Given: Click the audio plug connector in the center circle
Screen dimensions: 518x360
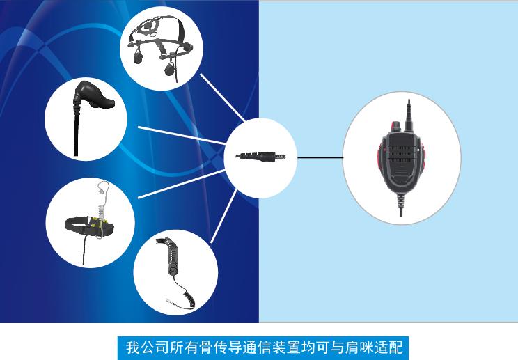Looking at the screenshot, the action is tap(260, 156).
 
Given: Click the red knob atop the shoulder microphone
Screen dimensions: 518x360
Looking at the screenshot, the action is tap(395, 126).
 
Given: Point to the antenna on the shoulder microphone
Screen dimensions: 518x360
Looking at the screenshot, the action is tap(409, 116).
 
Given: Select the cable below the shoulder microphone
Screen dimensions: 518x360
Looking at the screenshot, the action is tap(401, 205).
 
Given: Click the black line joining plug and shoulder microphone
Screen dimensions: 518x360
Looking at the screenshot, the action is tap(320, 157).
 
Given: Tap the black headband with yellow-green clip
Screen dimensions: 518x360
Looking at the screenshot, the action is tap(90, 226).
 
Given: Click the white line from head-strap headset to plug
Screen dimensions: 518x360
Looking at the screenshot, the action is tap(222, 97).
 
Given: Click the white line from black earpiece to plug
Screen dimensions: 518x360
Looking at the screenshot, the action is tap(182, 135).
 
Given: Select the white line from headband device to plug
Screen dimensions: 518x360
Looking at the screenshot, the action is tap(181, 184).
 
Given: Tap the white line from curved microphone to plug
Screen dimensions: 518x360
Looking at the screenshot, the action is tap(223, 217).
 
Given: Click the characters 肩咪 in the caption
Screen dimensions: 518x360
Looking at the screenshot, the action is tap(360, 347).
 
